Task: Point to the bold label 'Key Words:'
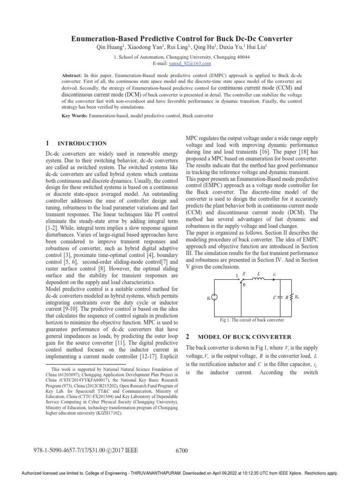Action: [74, 115]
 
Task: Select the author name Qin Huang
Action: [109, 48]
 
